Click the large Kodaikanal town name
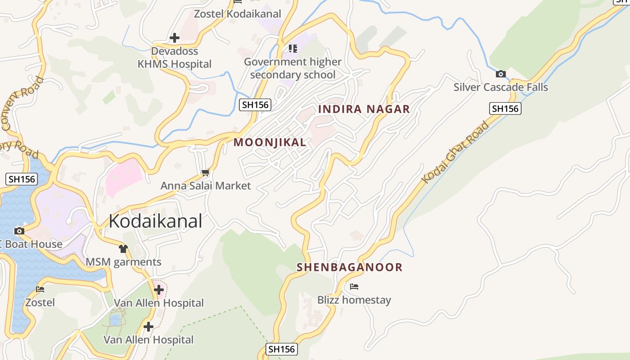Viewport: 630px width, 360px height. tap(155, 221)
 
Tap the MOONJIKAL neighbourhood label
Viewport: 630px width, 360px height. tap(270, 143)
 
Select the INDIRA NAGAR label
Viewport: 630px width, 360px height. tap(364, 109)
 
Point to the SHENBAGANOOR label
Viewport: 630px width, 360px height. tap(349, 267)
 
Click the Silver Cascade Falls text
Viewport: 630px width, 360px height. tap(500, 87)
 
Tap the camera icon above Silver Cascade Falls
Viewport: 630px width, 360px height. tap(500, 74)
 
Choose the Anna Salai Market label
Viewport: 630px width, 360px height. tap(206, 185)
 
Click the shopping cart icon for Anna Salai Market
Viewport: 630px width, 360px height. tap(206, 172)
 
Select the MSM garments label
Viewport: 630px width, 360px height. tap(123, 262)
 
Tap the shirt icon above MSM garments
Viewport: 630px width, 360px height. tap(123, 248)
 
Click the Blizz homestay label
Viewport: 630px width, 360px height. tap(354, 300)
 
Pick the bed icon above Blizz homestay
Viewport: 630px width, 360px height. tap(354, 287)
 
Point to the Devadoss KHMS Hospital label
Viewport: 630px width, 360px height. tap(175, 58)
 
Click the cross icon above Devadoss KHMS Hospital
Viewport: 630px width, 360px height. tap(175, 38)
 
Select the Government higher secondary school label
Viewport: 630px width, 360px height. tap(292, 68)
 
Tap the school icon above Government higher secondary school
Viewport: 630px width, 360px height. tap(293, 48)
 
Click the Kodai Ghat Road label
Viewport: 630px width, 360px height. tap(455, 153)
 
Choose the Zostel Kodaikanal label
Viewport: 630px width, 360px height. tap(237, 14)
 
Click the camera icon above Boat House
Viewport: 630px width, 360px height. tap(19, 231)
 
